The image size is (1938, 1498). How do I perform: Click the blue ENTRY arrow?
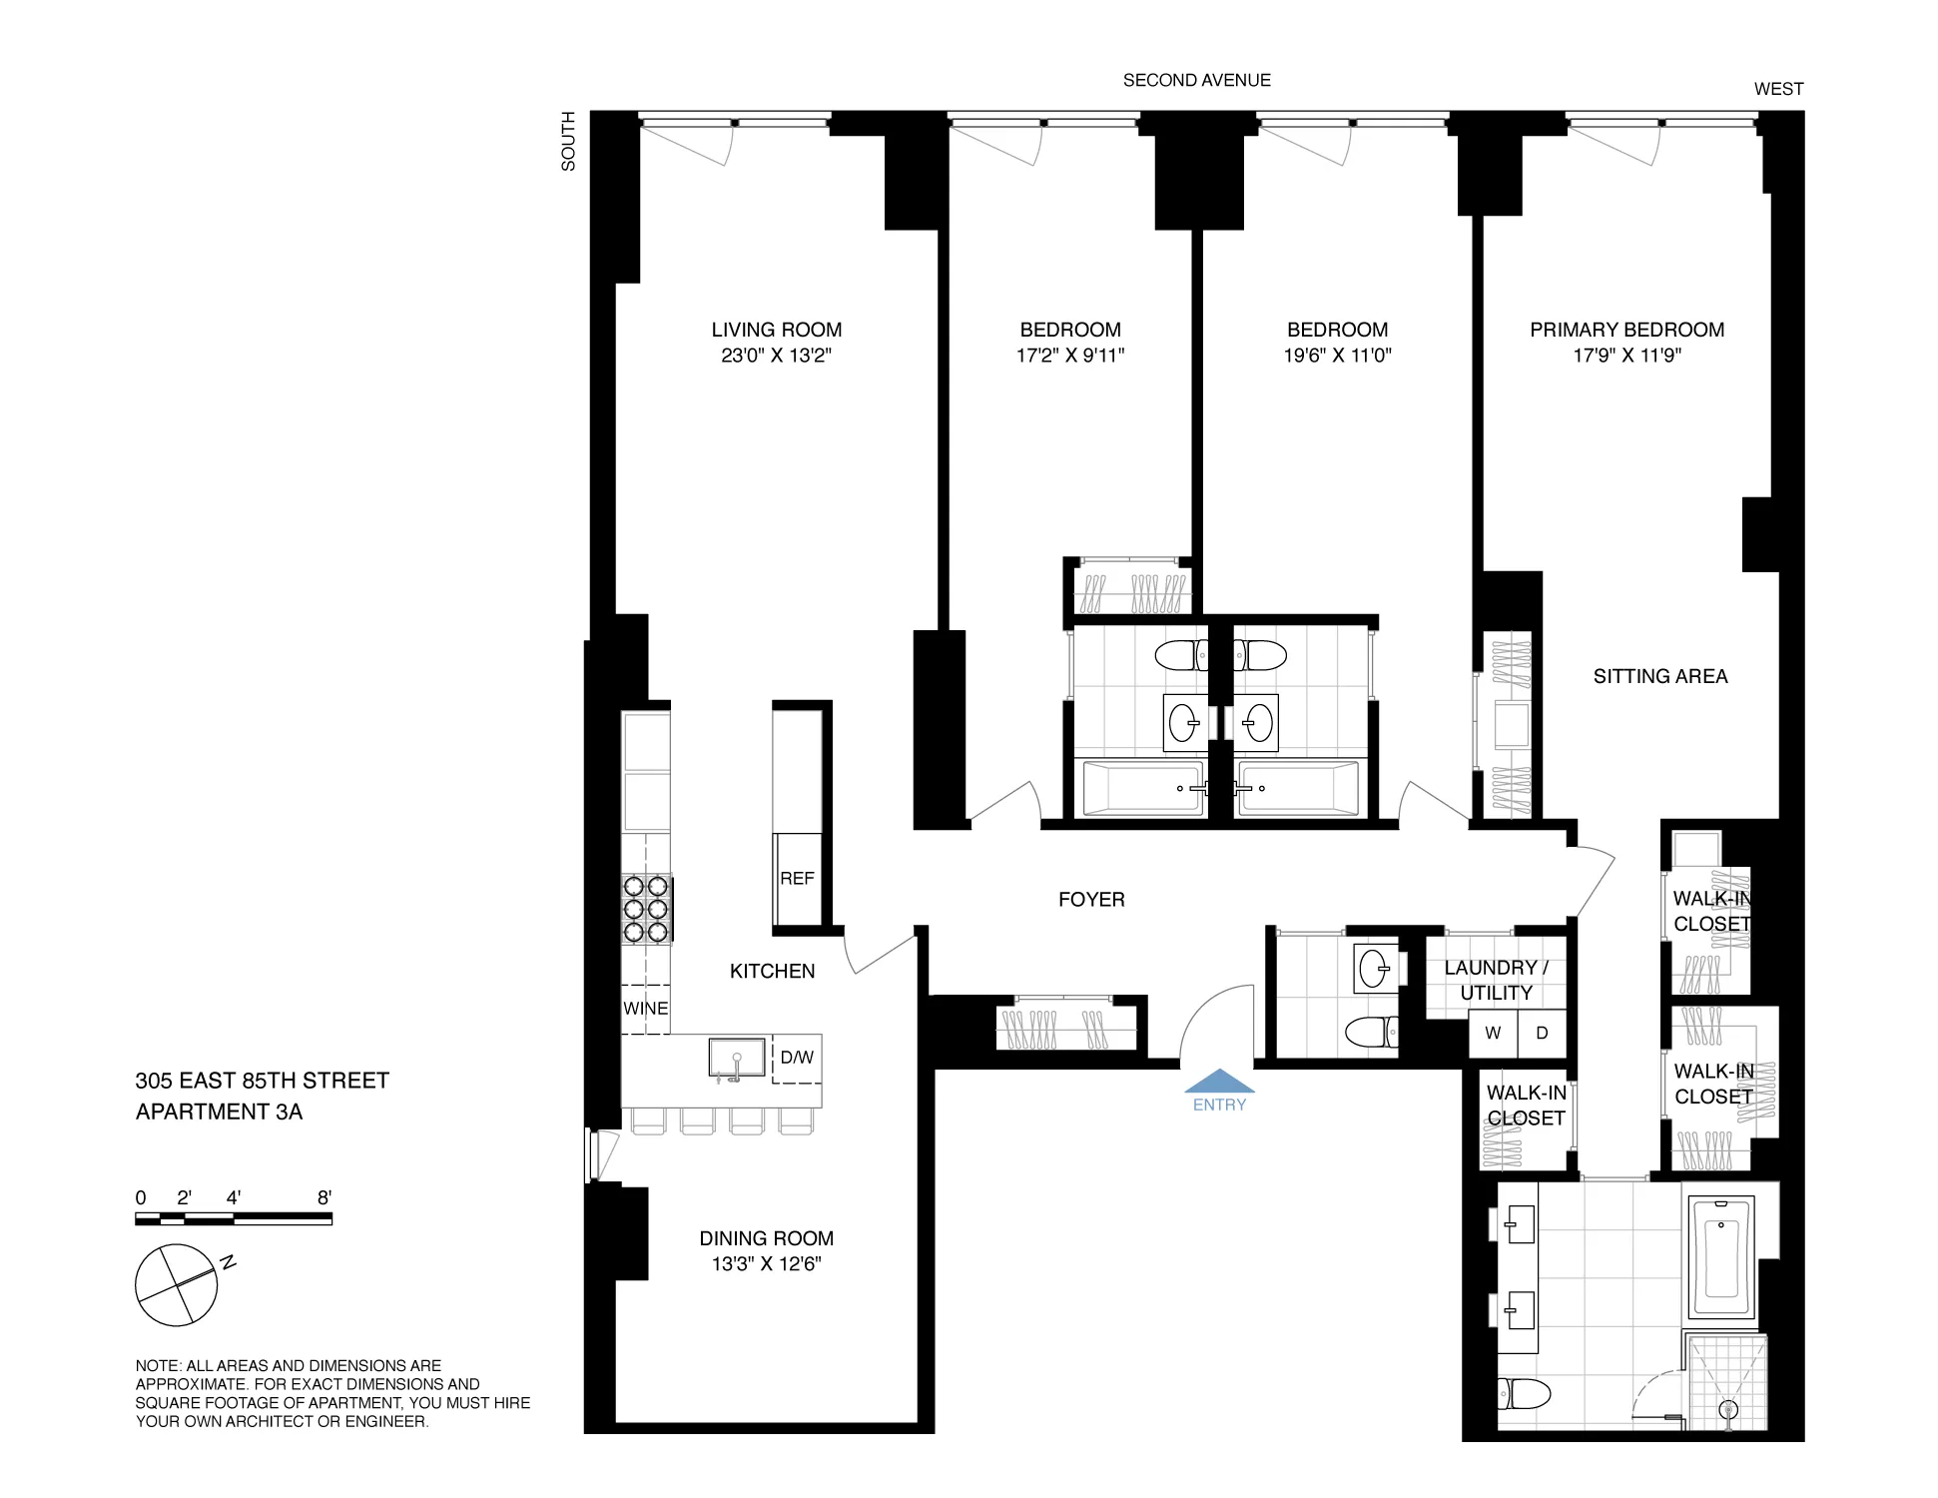(1219, 1083)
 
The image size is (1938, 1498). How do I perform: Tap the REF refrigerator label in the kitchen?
(797, 878)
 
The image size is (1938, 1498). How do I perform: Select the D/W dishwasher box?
(797, 1058)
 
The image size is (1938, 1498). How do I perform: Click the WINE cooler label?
(645, 1009)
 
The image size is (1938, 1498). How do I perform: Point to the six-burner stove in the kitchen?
(646, 909)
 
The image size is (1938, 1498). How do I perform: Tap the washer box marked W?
(1493, 1033)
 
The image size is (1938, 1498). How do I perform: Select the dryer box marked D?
(1542, 1033)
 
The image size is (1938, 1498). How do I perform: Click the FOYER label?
(1091, 900)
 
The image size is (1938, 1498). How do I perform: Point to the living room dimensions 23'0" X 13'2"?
(776, 356)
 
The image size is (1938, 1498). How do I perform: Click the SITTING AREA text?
(1659, 676)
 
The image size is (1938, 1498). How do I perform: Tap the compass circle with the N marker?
(176, 1285)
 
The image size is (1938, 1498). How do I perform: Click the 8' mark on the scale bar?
(324, 1197)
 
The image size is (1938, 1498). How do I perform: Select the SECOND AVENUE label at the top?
(1196, 80)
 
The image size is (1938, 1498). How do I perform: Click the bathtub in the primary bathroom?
(1720, 1257)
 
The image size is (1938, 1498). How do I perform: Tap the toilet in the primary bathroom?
(1524, 1393)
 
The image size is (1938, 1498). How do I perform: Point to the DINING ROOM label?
(766, 1238)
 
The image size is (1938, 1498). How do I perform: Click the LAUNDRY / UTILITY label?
(1496, 980)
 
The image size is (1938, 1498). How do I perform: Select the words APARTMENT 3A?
(219, 1112)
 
